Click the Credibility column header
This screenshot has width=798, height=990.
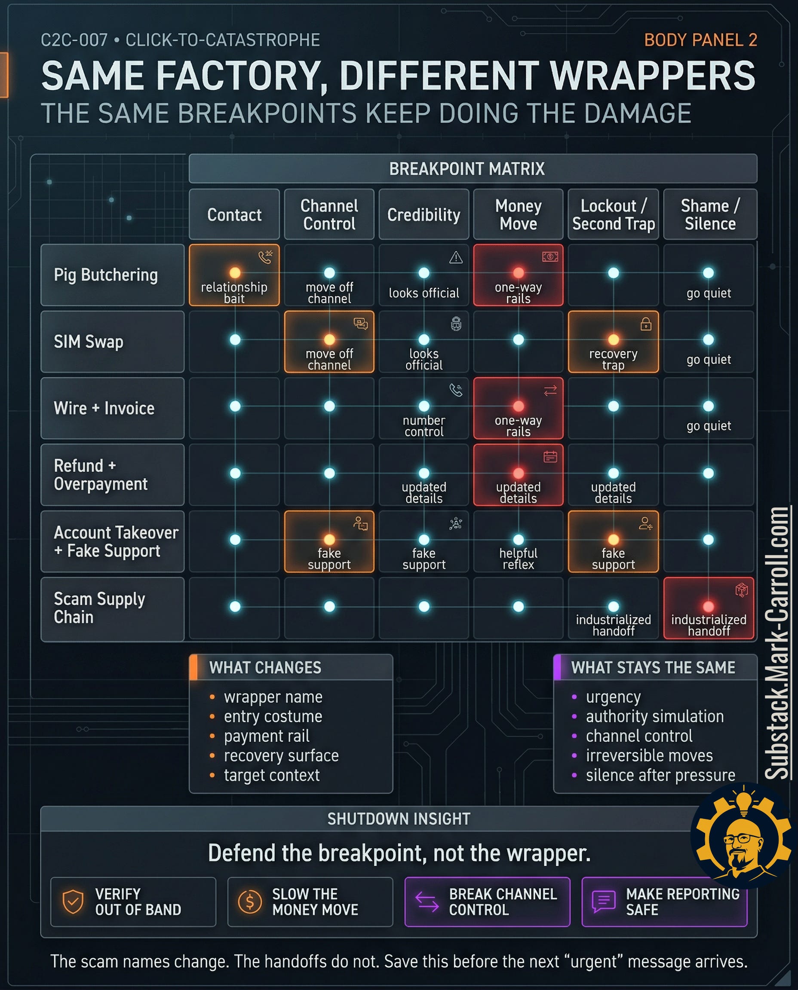click(424, 214)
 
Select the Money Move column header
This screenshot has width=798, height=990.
click(518, 214)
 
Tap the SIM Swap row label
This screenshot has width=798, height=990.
click(112, 341)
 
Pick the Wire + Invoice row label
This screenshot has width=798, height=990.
click(112, 408)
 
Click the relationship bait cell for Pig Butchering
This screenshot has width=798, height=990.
click(234, 275)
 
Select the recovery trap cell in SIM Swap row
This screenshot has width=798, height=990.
click(613, 342)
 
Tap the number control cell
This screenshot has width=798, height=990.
click(424, 408)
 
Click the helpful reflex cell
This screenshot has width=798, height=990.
click(518, 541)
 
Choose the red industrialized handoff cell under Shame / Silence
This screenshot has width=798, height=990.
click(709, 608)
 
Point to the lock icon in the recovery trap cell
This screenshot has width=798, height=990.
click(646, 324)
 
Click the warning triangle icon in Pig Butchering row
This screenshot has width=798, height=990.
click(456, 258)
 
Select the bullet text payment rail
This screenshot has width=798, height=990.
click(266, 736)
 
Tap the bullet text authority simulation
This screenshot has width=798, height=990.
click(654, 716)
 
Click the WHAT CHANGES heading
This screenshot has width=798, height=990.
click(265, 667)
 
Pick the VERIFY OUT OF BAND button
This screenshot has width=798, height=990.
click(133, 902)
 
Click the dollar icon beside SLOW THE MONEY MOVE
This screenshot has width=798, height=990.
click(250, 902)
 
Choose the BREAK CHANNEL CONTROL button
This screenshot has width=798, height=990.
click(487, 902)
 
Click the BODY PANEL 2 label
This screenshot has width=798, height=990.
click(700, 40)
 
